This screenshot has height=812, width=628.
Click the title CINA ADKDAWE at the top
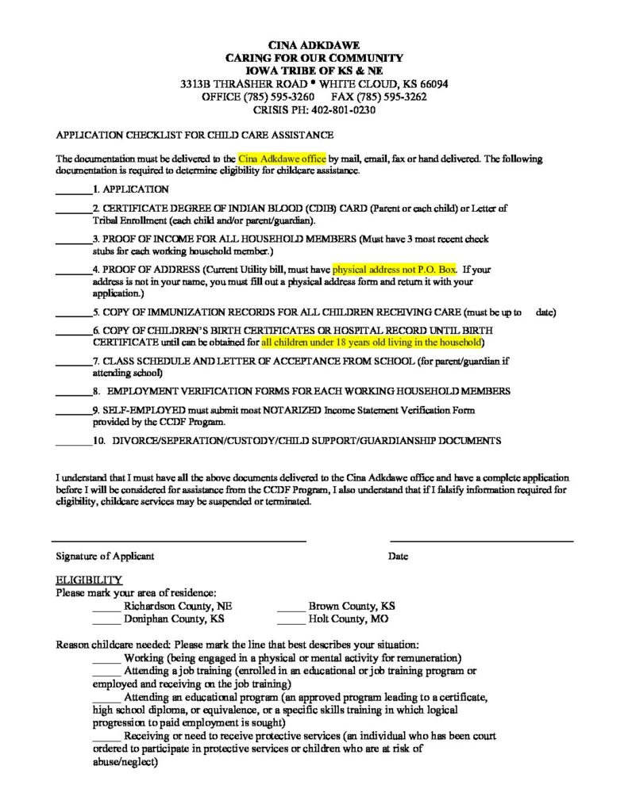click(314, 45)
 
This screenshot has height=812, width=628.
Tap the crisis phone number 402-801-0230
click(343, 110)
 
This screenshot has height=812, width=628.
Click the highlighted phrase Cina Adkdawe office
click(282, 159)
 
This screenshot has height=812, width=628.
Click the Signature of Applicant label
click(105, 557)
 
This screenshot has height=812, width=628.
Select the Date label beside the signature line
click(398, 557)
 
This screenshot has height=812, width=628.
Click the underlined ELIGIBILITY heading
click(88, 580)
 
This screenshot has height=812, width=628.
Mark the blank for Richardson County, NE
click(106, 606)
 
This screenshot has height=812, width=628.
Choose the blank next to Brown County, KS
click(291, 606)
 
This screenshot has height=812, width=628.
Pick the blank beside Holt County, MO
click(291, 619)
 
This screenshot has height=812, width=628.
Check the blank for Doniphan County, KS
click(106, 619)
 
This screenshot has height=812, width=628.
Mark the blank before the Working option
click(106, 658)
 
